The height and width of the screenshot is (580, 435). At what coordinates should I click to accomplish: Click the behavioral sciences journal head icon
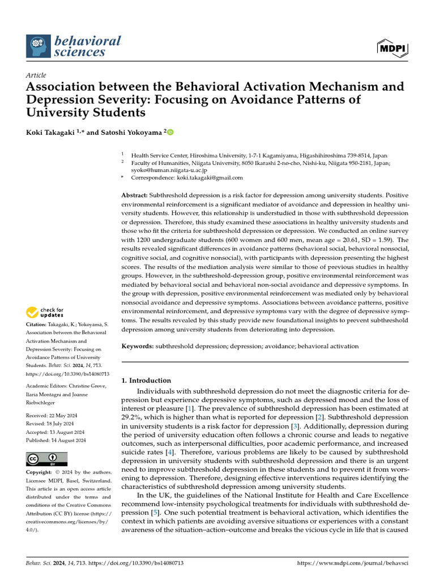point(38,45)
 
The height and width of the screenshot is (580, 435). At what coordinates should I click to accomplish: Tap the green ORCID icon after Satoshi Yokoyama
point(170,132)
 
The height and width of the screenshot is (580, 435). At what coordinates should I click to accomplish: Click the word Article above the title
point(36,75)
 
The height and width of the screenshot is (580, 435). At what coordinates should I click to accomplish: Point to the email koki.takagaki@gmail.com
point(206,177)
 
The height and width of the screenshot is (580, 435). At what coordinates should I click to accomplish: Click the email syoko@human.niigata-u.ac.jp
point(169,169)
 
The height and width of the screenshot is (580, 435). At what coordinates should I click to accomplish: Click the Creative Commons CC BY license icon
point(46,458)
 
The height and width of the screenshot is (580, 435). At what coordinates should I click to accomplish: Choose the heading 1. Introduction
point(146,381)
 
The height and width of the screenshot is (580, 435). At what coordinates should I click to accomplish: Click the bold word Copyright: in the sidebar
point(42,472)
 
